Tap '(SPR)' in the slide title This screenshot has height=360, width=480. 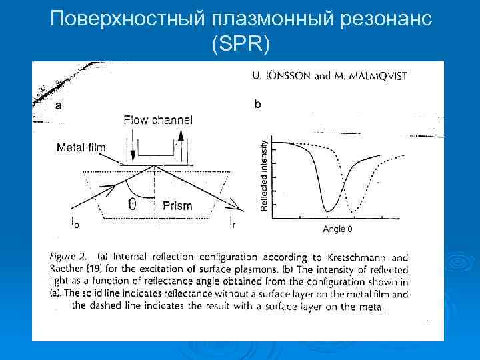pos(240,45)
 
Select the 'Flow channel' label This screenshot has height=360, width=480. pos(158,120)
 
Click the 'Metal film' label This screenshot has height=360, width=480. pos(81,147)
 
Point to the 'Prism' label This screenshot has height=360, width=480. pos(177,206)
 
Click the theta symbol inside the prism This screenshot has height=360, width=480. pos(132,205)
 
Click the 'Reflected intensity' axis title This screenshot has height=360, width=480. pos(264,175)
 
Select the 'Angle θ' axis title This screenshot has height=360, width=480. pos(337,229)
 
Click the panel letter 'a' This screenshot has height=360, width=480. pos(58,105)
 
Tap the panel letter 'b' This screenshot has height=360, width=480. pos(258,103)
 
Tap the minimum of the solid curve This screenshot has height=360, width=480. pos(327,211)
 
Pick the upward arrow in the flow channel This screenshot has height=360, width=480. pos(179,145)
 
